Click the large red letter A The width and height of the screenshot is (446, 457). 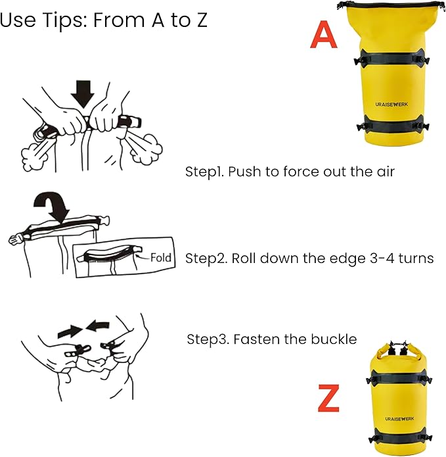coord(324,36)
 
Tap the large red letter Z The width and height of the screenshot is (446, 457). coord(328,399)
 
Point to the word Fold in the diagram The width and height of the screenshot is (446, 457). coord(161,257)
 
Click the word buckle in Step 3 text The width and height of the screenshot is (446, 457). coord(335,339)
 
